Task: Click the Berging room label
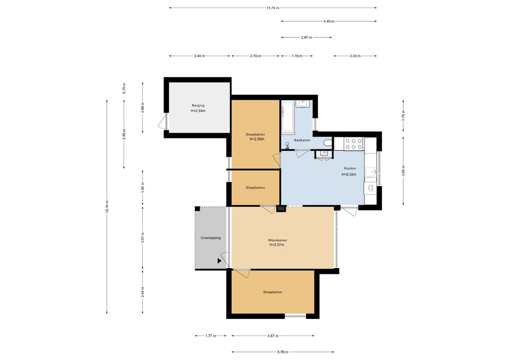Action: click(198, 105)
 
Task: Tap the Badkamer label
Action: click(302, 140)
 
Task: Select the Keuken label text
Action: click(350, 168)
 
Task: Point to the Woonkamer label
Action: click(278, 241)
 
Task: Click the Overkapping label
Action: click(211, 238)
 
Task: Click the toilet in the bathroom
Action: click(328, 143)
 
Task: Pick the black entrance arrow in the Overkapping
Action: click(220, 260)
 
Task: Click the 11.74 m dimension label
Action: click(272, 8)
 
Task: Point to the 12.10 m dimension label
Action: click(107, 206)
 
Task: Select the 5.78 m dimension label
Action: click(283, 352)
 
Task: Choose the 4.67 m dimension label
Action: click(272, 336)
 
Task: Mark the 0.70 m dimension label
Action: click(124, 88)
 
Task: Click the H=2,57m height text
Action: click(277, 245)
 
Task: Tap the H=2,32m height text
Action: click(348, 175)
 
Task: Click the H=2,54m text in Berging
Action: click(198, 111)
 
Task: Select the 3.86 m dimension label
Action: click(403, 171)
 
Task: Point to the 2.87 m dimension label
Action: click(306, 37)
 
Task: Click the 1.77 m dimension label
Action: click(211, 336)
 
